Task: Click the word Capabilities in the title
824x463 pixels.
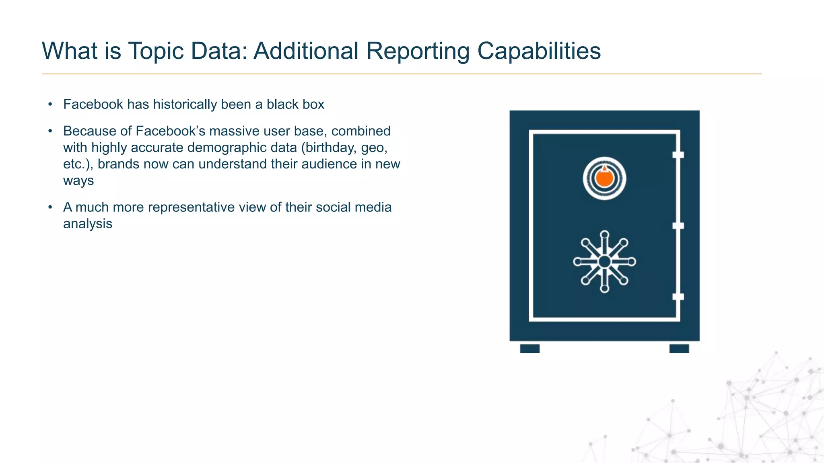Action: tap(539, 51)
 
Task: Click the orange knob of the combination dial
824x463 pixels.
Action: tap(604, 178)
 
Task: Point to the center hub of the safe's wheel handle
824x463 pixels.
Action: tap(604, 262)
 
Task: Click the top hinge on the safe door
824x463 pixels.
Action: tap(678, 155)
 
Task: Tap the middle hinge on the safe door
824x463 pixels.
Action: tap(678, 225)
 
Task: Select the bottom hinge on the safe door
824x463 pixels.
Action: tap(678, 297)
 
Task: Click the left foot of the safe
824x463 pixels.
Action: tap(529, 348)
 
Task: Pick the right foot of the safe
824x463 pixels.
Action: tap(679, 348)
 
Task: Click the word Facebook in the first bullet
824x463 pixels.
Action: tap(93, 104)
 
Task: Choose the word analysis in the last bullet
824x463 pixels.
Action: tap(87, 224)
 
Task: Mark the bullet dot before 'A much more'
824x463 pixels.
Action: tap(50, 207)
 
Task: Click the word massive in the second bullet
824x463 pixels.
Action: tap(234, 131)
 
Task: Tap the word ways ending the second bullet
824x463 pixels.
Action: tap(78, 180)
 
